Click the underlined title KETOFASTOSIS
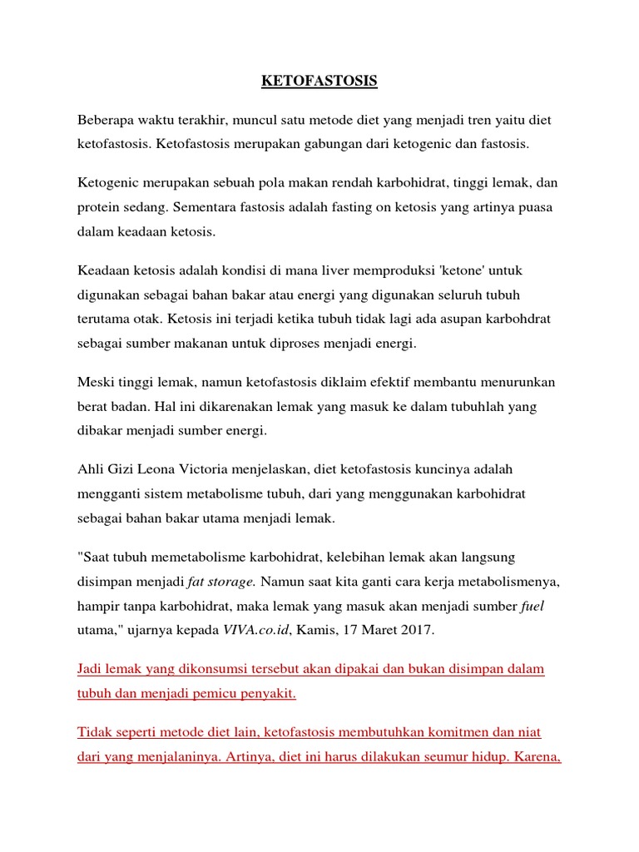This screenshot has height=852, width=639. tap(319, 81)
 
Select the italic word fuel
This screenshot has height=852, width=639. tap(532, 607)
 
